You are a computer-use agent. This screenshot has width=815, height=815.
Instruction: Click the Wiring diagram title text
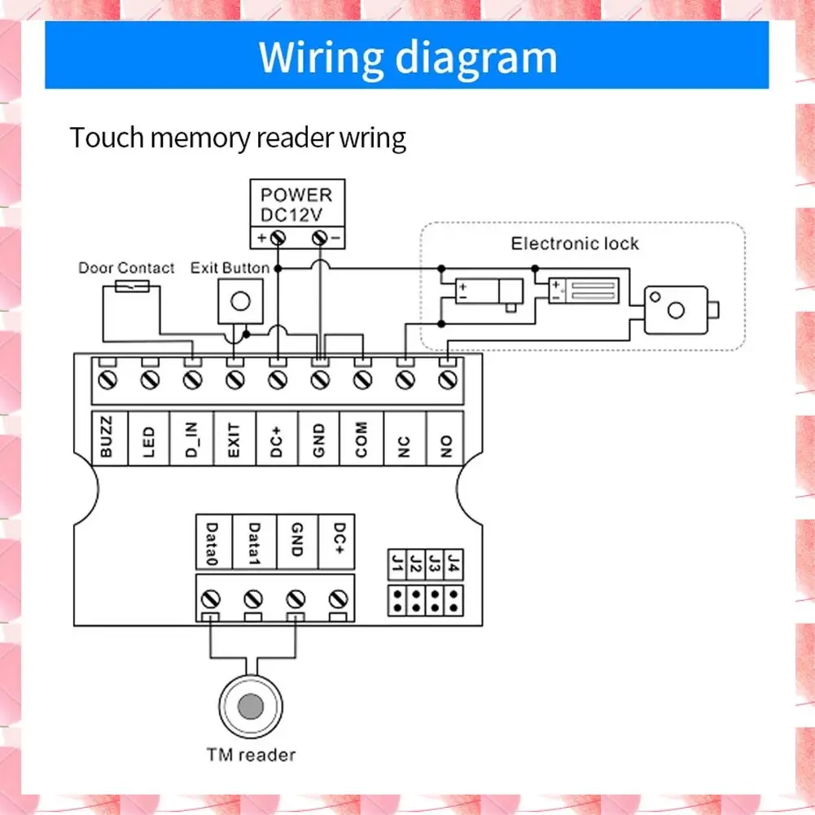click(407, 57)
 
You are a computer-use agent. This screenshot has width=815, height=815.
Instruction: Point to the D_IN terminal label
click(191, 437)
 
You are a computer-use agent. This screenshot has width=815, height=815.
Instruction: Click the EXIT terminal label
click(234, 437)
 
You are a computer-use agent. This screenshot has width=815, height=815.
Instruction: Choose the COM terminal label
click(361, 439)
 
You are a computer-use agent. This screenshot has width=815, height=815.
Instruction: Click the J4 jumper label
click(454, 563)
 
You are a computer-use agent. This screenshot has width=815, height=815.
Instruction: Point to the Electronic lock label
click(575, 243)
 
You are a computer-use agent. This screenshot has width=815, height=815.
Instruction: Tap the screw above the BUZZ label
click(107, 379)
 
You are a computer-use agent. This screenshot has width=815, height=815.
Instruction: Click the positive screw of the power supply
click(278, 237)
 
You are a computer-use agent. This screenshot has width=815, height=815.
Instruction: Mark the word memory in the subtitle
click(199, 138)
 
